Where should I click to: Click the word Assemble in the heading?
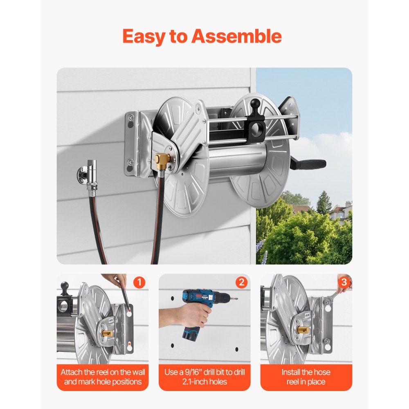coord(236,36)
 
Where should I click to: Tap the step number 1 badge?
coord(139,282)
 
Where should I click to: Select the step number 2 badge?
coord(241,282)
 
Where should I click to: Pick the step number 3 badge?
coord(344,282)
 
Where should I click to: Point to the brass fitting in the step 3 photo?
coord(303,330)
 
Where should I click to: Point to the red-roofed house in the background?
coord(339,211)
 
